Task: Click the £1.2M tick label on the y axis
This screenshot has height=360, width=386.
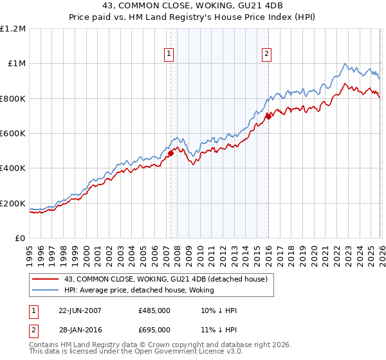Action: [14, 29]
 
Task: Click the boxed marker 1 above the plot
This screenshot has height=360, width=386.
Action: [169, 55]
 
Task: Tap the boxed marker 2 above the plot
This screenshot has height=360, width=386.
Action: [266, 55]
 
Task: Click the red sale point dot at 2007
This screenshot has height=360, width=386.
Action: [171, 153]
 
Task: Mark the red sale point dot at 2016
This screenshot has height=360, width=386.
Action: [268, 116]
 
